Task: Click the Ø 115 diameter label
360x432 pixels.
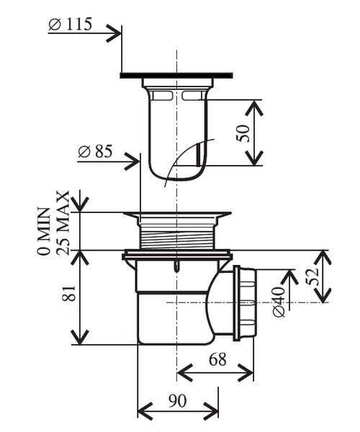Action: [70, 24]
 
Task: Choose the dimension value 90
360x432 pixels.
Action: [177, 400]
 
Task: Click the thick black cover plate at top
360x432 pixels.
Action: [177, 75]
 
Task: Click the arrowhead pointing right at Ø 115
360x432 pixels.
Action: [113, 31]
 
